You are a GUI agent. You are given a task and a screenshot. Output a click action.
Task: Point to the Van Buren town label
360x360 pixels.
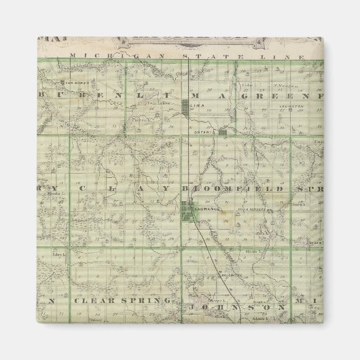pos(72,84)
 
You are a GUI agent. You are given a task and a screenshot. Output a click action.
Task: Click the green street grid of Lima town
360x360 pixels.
pos(187,105)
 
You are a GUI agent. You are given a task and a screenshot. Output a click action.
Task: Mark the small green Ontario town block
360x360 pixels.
pos(222,133)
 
